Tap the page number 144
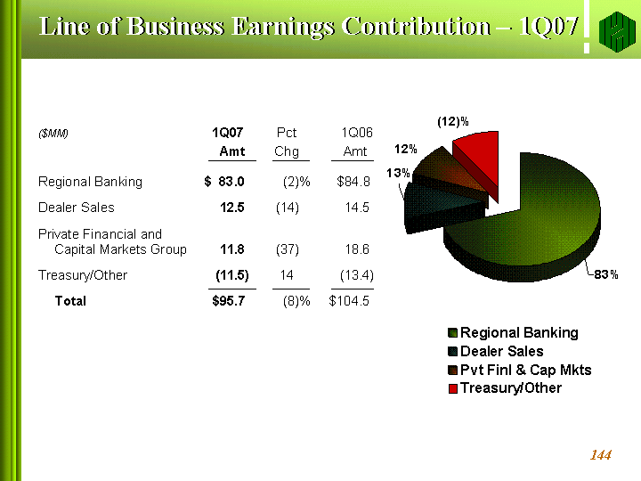[x=601, y=456]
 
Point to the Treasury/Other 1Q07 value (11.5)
[x=232, y=275]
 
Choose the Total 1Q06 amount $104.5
[x=349, y=301]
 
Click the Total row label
[x=70, y=301]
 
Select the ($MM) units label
[x=53, y=134]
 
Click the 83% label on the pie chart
[x=606, y=273]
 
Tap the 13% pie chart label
[x=398, y=173]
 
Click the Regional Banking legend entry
[x=513, y=332]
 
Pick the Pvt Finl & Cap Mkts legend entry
[x=519, y=370]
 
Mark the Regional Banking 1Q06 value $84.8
[x=353, y=182]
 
